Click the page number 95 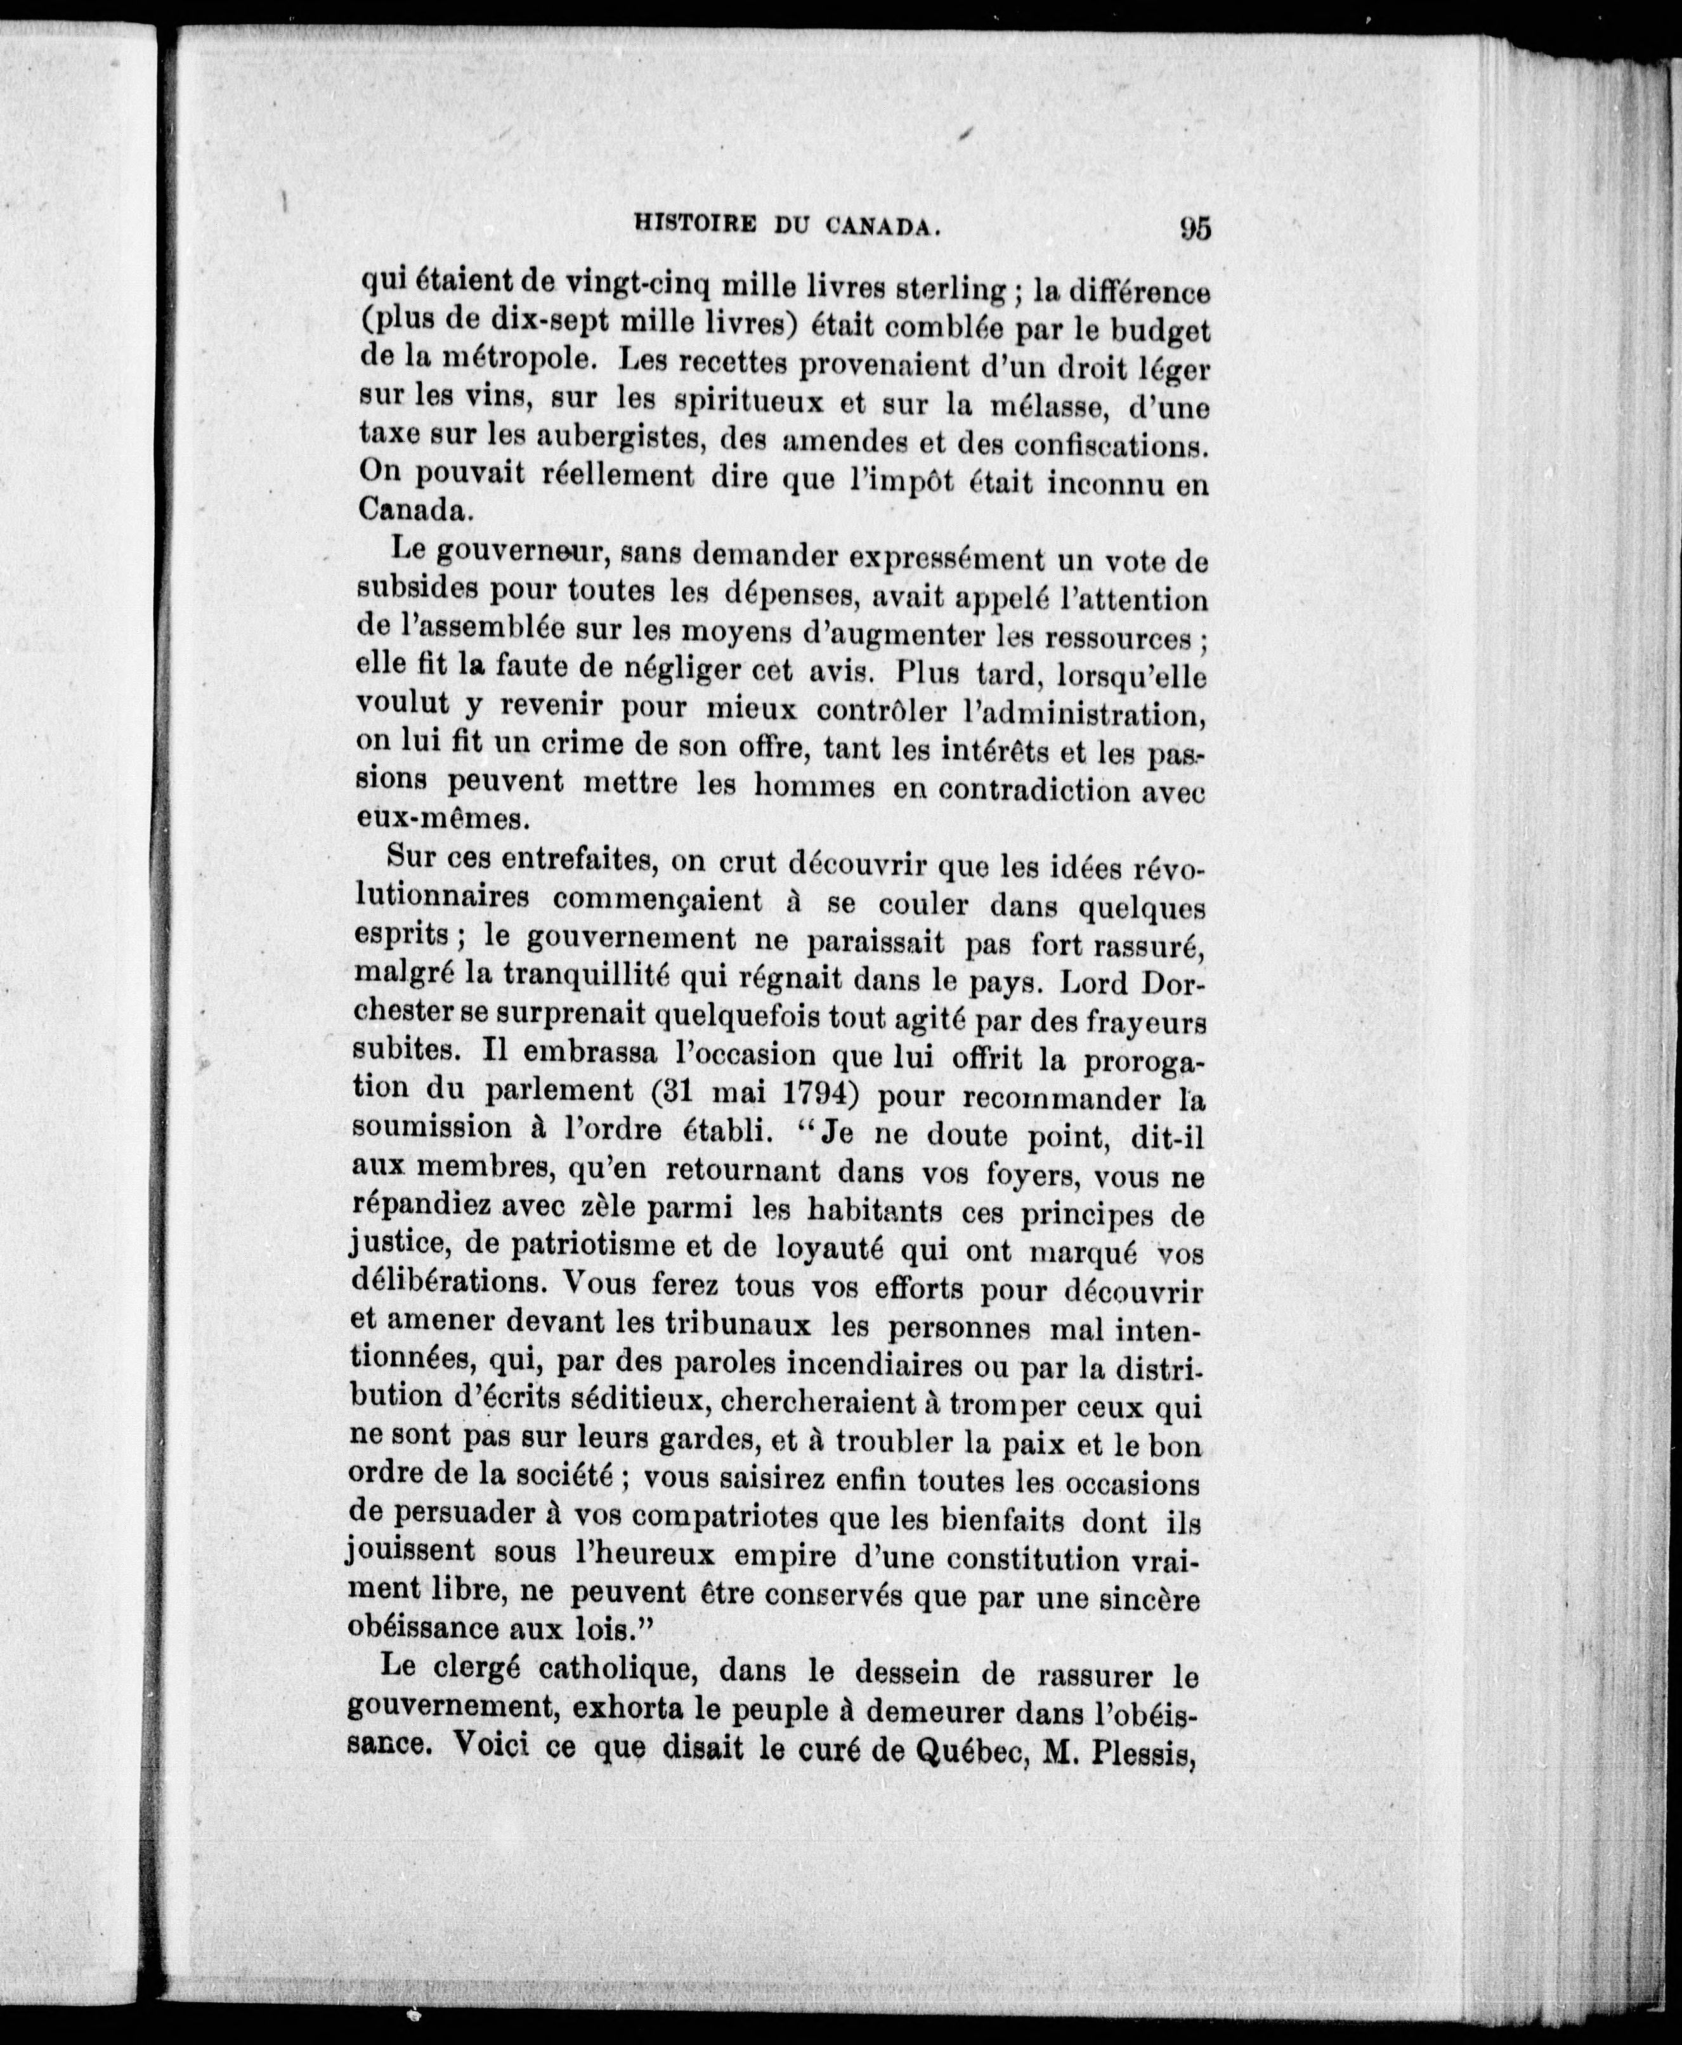[1195, 228]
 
